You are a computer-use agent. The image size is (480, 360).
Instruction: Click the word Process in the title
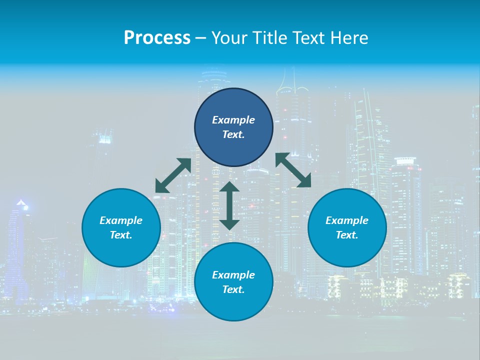click(x=157, y=38)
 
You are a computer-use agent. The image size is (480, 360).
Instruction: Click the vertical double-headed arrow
click(x=229, y=205)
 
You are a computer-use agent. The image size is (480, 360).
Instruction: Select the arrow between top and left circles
click(x=173, y=175)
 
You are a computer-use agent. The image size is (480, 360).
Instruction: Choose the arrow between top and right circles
click(x=293, y=170)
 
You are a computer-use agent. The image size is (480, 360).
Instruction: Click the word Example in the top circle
click(x=233, y=120)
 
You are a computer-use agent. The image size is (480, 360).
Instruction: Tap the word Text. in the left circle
click(x=121, y=235)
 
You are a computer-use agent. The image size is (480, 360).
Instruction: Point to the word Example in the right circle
click(x=347, y=220)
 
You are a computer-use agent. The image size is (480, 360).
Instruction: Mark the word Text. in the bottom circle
click(x=233, y=289)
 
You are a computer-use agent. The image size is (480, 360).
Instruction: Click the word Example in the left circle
click(x=121, y=220)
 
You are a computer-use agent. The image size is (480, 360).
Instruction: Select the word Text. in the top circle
click(x=233, y=134)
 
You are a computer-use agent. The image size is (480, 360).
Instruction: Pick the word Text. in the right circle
click(x=347, y=235)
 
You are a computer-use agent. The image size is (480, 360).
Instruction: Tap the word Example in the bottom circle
click(x=233, y=275)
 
